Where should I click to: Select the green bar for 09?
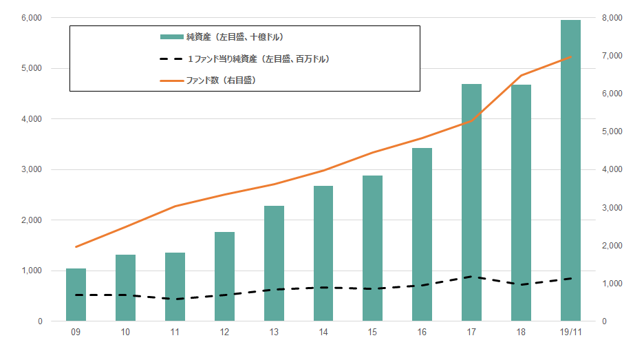(x=76, y=295)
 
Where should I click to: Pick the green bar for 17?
(x=471, y=202)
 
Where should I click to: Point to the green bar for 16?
(x=422, y=235)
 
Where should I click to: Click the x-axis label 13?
(x=274, y=332)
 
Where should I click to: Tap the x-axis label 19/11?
(x=570, y=332)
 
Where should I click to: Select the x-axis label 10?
(x=125, y=332)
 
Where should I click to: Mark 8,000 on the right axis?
(x=613, y=18)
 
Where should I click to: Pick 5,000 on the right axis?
(x=613, y=131)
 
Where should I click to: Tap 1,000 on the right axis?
(x=613, y=284)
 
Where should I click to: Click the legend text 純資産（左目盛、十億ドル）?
(x=235, y=36)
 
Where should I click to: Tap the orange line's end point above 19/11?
(x=570, y=57)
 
